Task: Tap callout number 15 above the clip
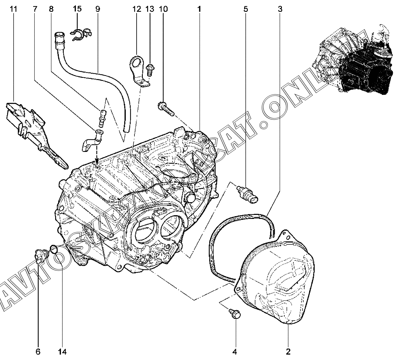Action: [x=77, y=8]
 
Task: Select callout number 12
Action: [x=137, y=9]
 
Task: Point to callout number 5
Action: [x=246, y=9]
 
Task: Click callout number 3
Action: [x=280, y=9]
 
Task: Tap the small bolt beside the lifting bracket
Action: [x=151, y=69]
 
